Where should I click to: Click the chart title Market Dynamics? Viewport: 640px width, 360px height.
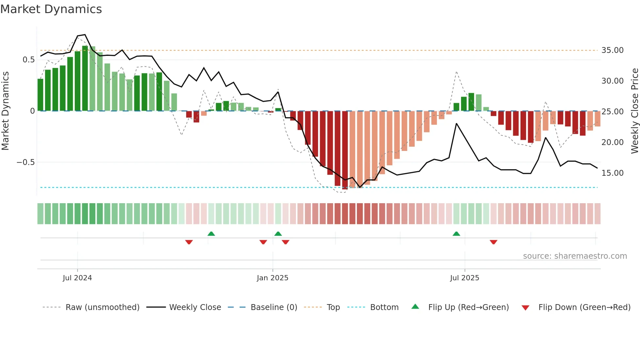[x=51, y=9]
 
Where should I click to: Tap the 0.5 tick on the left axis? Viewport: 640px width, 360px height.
[x=28, y=60]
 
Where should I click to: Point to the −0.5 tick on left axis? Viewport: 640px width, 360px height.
[x=25, y=162]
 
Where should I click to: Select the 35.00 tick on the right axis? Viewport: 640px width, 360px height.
[x=612, y=50]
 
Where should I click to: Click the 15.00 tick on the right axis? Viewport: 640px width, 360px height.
[x=612, y=173]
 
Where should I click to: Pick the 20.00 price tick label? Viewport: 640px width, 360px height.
[x=612, y=142]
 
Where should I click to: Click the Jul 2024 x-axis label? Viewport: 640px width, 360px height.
[x=77, y=278]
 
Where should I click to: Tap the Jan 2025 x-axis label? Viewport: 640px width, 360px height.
[x=273, y=278]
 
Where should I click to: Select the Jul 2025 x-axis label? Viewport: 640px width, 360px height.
[x=465, y=278]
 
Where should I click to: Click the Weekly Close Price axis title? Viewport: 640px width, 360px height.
[x=634, y=111]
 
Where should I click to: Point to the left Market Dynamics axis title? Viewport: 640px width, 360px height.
[x=5, y=111]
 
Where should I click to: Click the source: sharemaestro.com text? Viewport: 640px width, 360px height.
[x=575, y=256]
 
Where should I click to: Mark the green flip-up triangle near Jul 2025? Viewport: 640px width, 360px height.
[x=456, y=234]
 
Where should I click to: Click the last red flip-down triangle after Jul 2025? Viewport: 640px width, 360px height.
[x=493, y=242]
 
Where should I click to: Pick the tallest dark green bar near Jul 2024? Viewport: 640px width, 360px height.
[x=85, y=78]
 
